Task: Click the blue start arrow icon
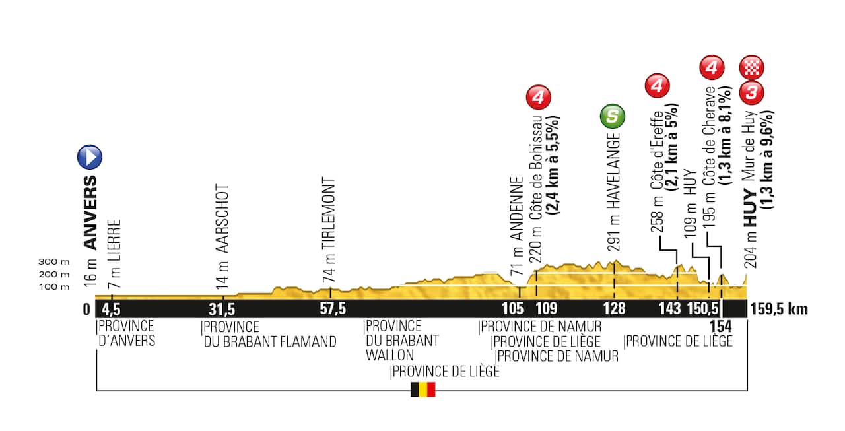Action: pos(90,157)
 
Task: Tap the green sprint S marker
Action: pos(613,117)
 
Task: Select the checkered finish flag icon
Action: pos(752,67)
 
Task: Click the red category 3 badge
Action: pos(752,93)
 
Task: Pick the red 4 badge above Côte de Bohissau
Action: pos(538,98)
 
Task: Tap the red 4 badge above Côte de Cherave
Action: pos(712,67)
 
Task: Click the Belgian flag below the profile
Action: pos(422,389)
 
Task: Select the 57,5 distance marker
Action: pos(333,309)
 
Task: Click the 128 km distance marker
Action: pos(614,309)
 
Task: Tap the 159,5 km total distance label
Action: pos(779,309)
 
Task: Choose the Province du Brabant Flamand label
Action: pos(269,334)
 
